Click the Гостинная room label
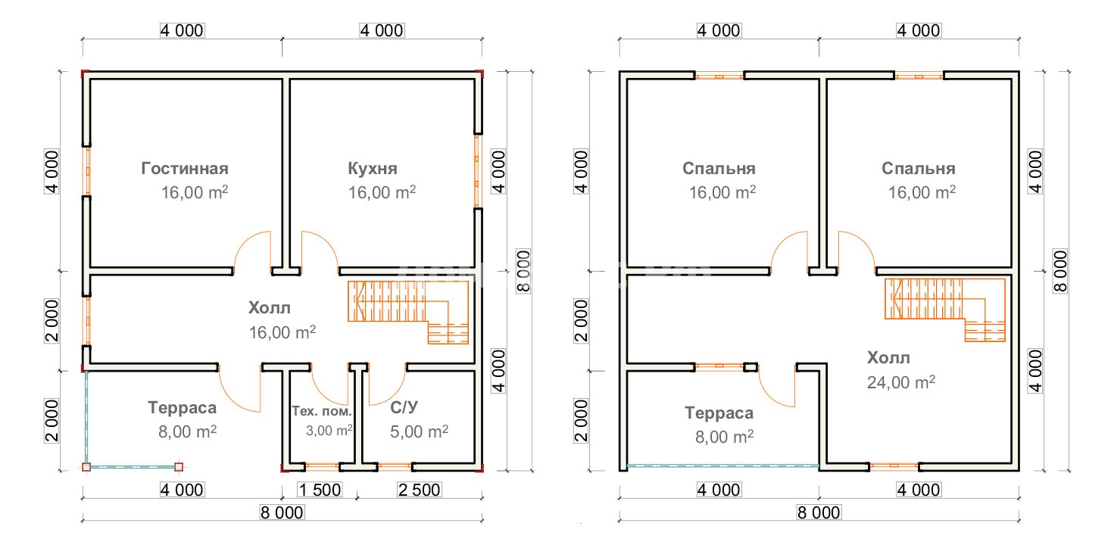pos(185,169)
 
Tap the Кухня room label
pos(373,169)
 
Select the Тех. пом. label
pos(321,411)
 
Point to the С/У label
pos(404,407)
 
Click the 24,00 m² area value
pos(901,382)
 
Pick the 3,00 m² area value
pos(329,430)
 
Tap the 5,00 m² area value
pos(420,431)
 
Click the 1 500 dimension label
pos(320,490)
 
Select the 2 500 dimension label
pos(420,490)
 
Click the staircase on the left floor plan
pos(407,312)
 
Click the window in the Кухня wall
pos(477,171)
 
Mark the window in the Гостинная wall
pos(88,171)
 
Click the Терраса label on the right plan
pos(719,413)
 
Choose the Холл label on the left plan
pos(269,308)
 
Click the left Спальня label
pos(719,169)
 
